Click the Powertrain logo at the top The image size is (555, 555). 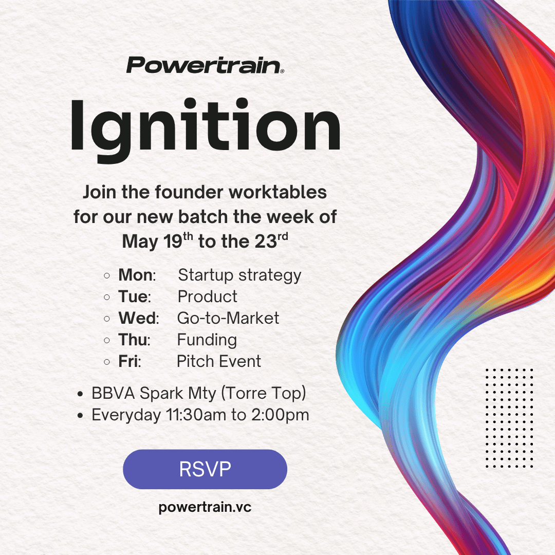[205, 65]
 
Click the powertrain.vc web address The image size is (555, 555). [205, 507]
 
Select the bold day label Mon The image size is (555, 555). [136, 275]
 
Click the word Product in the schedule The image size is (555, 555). [208, 297]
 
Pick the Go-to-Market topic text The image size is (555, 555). [228, 318]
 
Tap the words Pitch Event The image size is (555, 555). [219, 361]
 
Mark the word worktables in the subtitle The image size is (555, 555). [277, 193]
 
